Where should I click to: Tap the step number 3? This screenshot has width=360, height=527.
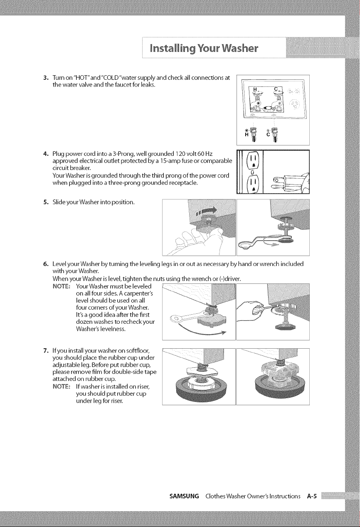coord(46,78)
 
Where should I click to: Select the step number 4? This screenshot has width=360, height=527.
coord(46,154)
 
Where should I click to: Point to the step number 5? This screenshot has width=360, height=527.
coord(46,202)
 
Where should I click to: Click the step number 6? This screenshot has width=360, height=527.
coord(46,264)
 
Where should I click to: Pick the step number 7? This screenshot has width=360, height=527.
coord(46,351)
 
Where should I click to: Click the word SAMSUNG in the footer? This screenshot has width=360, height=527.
coord(184,496)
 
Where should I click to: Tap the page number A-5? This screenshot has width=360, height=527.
coord(312,496)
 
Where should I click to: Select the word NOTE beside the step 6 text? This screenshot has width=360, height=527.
coord(61,286)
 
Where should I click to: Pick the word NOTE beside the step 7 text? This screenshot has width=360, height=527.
coord(61,387)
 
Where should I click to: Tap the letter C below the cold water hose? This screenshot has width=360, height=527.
coord(268,135)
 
